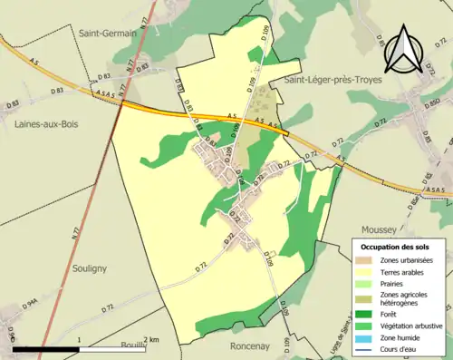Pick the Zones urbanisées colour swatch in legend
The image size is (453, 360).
366,260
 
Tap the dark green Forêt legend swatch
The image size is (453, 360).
366,313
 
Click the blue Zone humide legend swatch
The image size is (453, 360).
366,336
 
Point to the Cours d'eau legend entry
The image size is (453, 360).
402,348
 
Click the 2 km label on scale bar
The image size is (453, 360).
151,339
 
